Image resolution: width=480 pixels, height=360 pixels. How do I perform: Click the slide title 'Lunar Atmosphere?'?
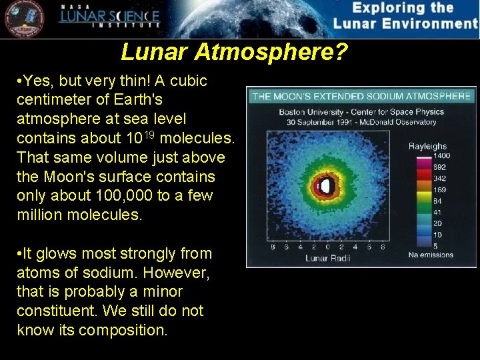click(x=235, y=52)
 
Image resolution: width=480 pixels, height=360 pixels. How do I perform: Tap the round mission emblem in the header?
click(x=23, y=19)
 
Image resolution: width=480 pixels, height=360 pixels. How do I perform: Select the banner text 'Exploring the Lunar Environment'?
click(x=405, y=16)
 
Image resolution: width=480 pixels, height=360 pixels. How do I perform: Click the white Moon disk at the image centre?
click(x=326, y=187)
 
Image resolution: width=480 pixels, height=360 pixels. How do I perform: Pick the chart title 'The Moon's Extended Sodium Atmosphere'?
click(x=361, y=96)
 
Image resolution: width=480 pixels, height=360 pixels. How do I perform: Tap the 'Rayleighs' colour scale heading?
click(x=427, y=146)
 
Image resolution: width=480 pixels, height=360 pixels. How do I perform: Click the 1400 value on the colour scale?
click(x=441, y=155)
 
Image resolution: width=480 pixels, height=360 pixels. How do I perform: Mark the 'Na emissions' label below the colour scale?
click(x=431, y=255)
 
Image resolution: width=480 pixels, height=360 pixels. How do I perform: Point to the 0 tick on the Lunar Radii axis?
click(x=326, y=247)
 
